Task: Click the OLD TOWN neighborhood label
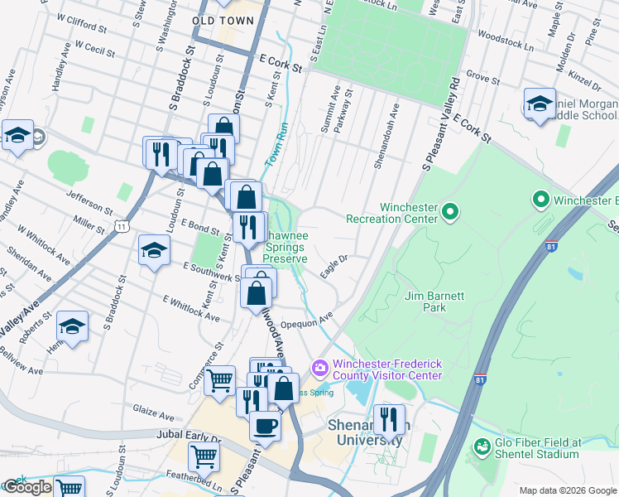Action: (x=223, y=19)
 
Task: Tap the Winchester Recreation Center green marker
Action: (x=449, y=213)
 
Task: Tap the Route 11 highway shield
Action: (x=122, y=225)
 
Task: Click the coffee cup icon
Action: (x=265, y=426)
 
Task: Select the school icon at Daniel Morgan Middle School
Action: (x=540, y=105)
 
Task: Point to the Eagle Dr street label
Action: (x=334, y=266)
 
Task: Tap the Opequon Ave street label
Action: (x=306, y=319)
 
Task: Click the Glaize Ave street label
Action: (x=155, y=415)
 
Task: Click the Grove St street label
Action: (x=481, y=75)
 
